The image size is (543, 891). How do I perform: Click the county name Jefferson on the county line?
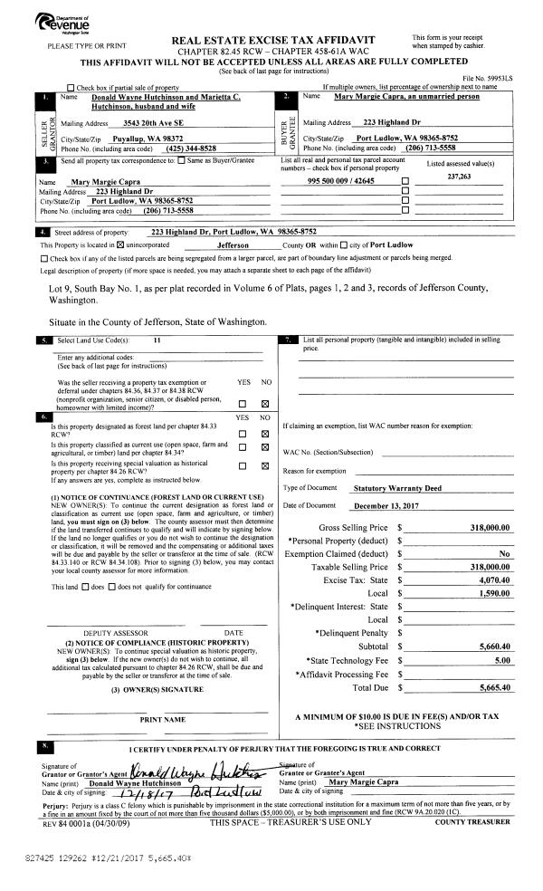click(239, 244)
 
